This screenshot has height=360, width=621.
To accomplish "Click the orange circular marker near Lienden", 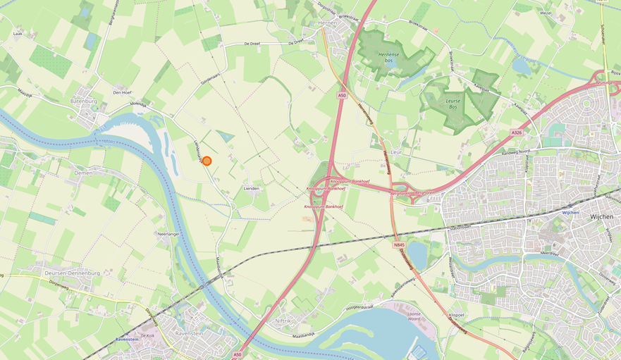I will (x=207, y=161).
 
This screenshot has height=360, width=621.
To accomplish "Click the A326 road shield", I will (x=516, y=132).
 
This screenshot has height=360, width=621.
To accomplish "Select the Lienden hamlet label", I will (x=251, y=189).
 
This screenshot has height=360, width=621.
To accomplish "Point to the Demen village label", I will (x=84, y=172).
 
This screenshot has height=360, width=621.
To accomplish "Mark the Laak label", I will (x=18, y=33).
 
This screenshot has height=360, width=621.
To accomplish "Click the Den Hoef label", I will (x=122, y=92).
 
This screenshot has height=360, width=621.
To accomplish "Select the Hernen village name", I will (x=328, y=23).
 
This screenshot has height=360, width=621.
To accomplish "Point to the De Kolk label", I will (x=147, y=336).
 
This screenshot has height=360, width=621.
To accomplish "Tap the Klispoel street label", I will (x=456, y=314).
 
